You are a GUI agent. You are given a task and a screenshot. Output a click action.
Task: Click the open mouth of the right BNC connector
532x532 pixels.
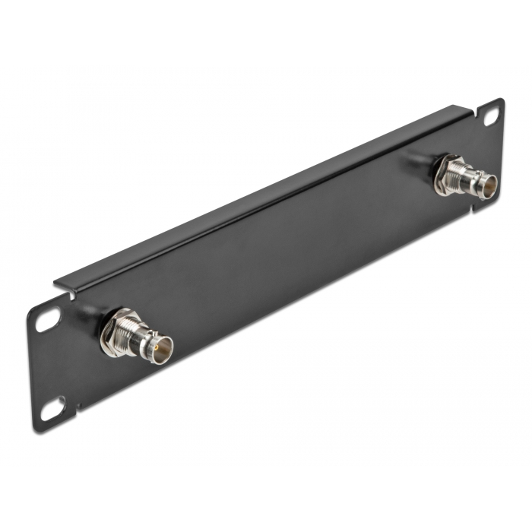[x=487, y=185]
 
